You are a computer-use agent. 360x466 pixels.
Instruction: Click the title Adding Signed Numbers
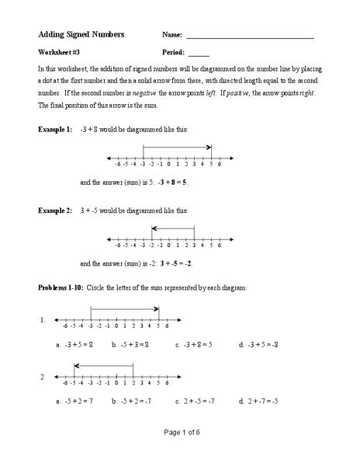[81, 35]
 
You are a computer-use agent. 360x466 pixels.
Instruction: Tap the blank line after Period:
[199, 54]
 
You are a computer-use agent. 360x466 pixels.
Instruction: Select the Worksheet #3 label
[59, 53]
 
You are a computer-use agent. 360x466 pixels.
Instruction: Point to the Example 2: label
[55, 210]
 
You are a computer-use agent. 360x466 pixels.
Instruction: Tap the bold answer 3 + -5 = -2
[172, 263]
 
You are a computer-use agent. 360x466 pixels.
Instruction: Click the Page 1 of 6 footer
[179, 453]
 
